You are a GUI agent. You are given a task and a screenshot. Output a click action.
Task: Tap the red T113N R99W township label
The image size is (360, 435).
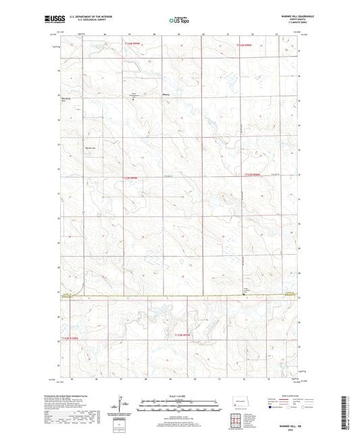pos(130,178)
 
